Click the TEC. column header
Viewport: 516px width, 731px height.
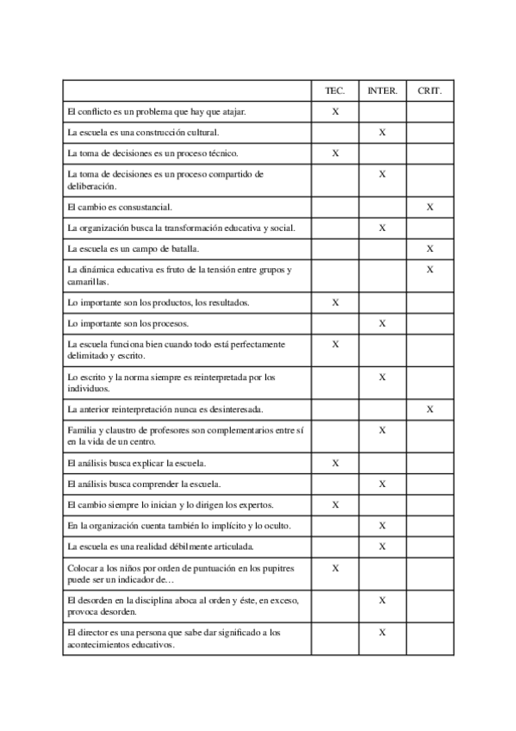[x=335, y=91]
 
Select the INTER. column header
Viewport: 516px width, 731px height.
[x=382, y=91]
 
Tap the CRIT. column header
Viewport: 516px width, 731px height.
[x=429, y=91]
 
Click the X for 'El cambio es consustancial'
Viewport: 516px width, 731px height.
[x=429, y=207]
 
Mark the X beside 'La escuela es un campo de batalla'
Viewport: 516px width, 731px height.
[x=429, y=249]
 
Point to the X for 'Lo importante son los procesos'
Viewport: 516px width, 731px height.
[x=382, y=323]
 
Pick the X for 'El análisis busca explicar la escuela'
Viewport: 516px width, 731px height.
[x=335, y=463]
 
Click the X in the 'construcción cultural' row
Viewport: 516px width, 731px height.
[x=382, y=133]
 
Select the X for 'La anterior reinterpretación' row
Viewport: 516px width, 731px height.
[x=429, y=409]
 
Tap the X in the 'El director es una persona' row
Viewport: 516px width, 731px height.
[x=382, y=633]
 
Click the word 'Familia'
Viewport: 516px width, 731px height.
[x=81, y=430]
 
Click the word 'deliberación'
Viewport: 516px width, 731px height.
[x=90, y=186]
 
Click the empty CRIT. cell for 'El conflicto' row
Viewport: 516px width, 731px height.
[x=429, y=112]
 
